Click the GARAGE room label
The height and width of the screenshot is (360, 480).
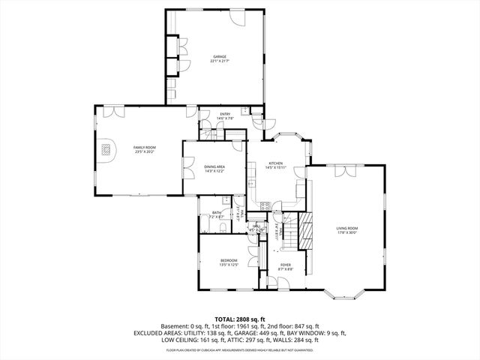click(x=219, y=56)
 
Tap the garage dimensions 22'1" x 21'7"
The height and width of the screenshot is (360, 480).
click(x=219, y=61)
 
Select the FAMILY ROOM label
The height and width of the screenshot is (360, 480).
click(x=144, y=148)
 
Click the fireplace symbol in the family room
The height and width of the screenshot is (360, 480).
click(x=108, y=148)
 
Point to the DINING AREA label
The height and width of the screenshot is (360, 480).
click(x=214, y=166)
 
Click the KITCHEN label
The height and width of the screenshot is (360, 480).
click(x=275, y=163)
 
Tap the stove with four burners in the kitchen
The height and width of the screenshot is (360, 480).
click(x=264, y=205)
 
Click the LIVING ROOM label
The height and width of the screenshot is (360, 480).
click(x=346, y=228)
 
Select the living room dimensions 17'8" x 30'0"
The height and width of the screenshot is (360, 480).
click(x=346, y=232)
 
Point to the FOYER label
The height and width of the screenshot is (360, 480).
click(x=286, y=265)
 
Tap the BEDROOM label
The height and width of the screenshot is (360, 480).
click(x=229, y=260)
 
